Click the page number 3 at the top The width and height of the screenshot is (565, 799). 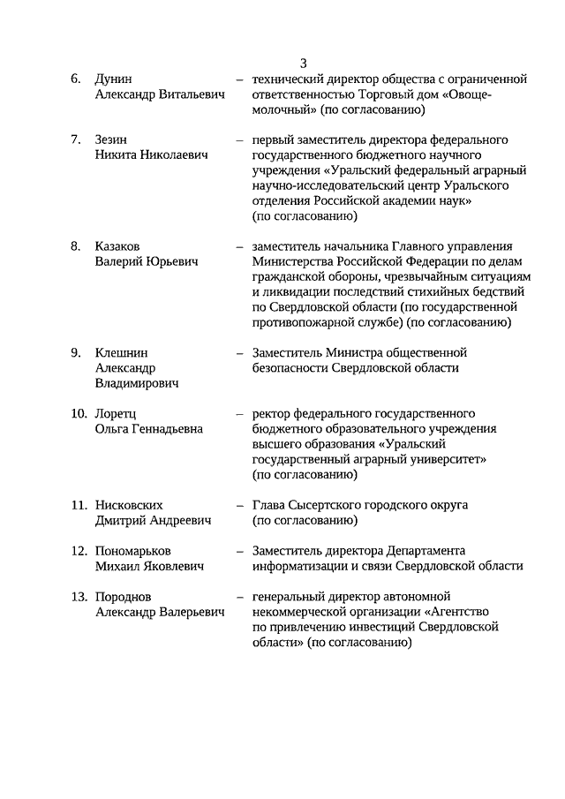[303, 63]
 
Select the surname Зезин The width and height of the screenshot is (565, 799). [111, 139]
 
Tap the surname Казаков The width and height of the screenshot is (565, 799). [118, 246]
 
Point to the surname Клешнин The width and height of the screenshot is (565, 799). [121, 352]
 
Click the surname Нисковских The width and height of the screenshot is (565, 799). [129, 505]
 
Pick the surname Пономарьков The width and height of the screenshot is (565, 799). [132, 551]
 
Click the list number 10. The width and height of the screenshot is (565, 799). [78, 413]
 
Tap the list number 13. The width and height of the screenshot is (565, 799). [78, 597]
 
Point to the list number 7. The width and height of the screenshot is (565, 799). [76, 139]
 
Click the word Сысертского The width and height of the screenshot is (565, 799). [333, 505]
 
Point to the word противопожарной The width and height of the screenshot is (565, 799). [311, 323]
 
